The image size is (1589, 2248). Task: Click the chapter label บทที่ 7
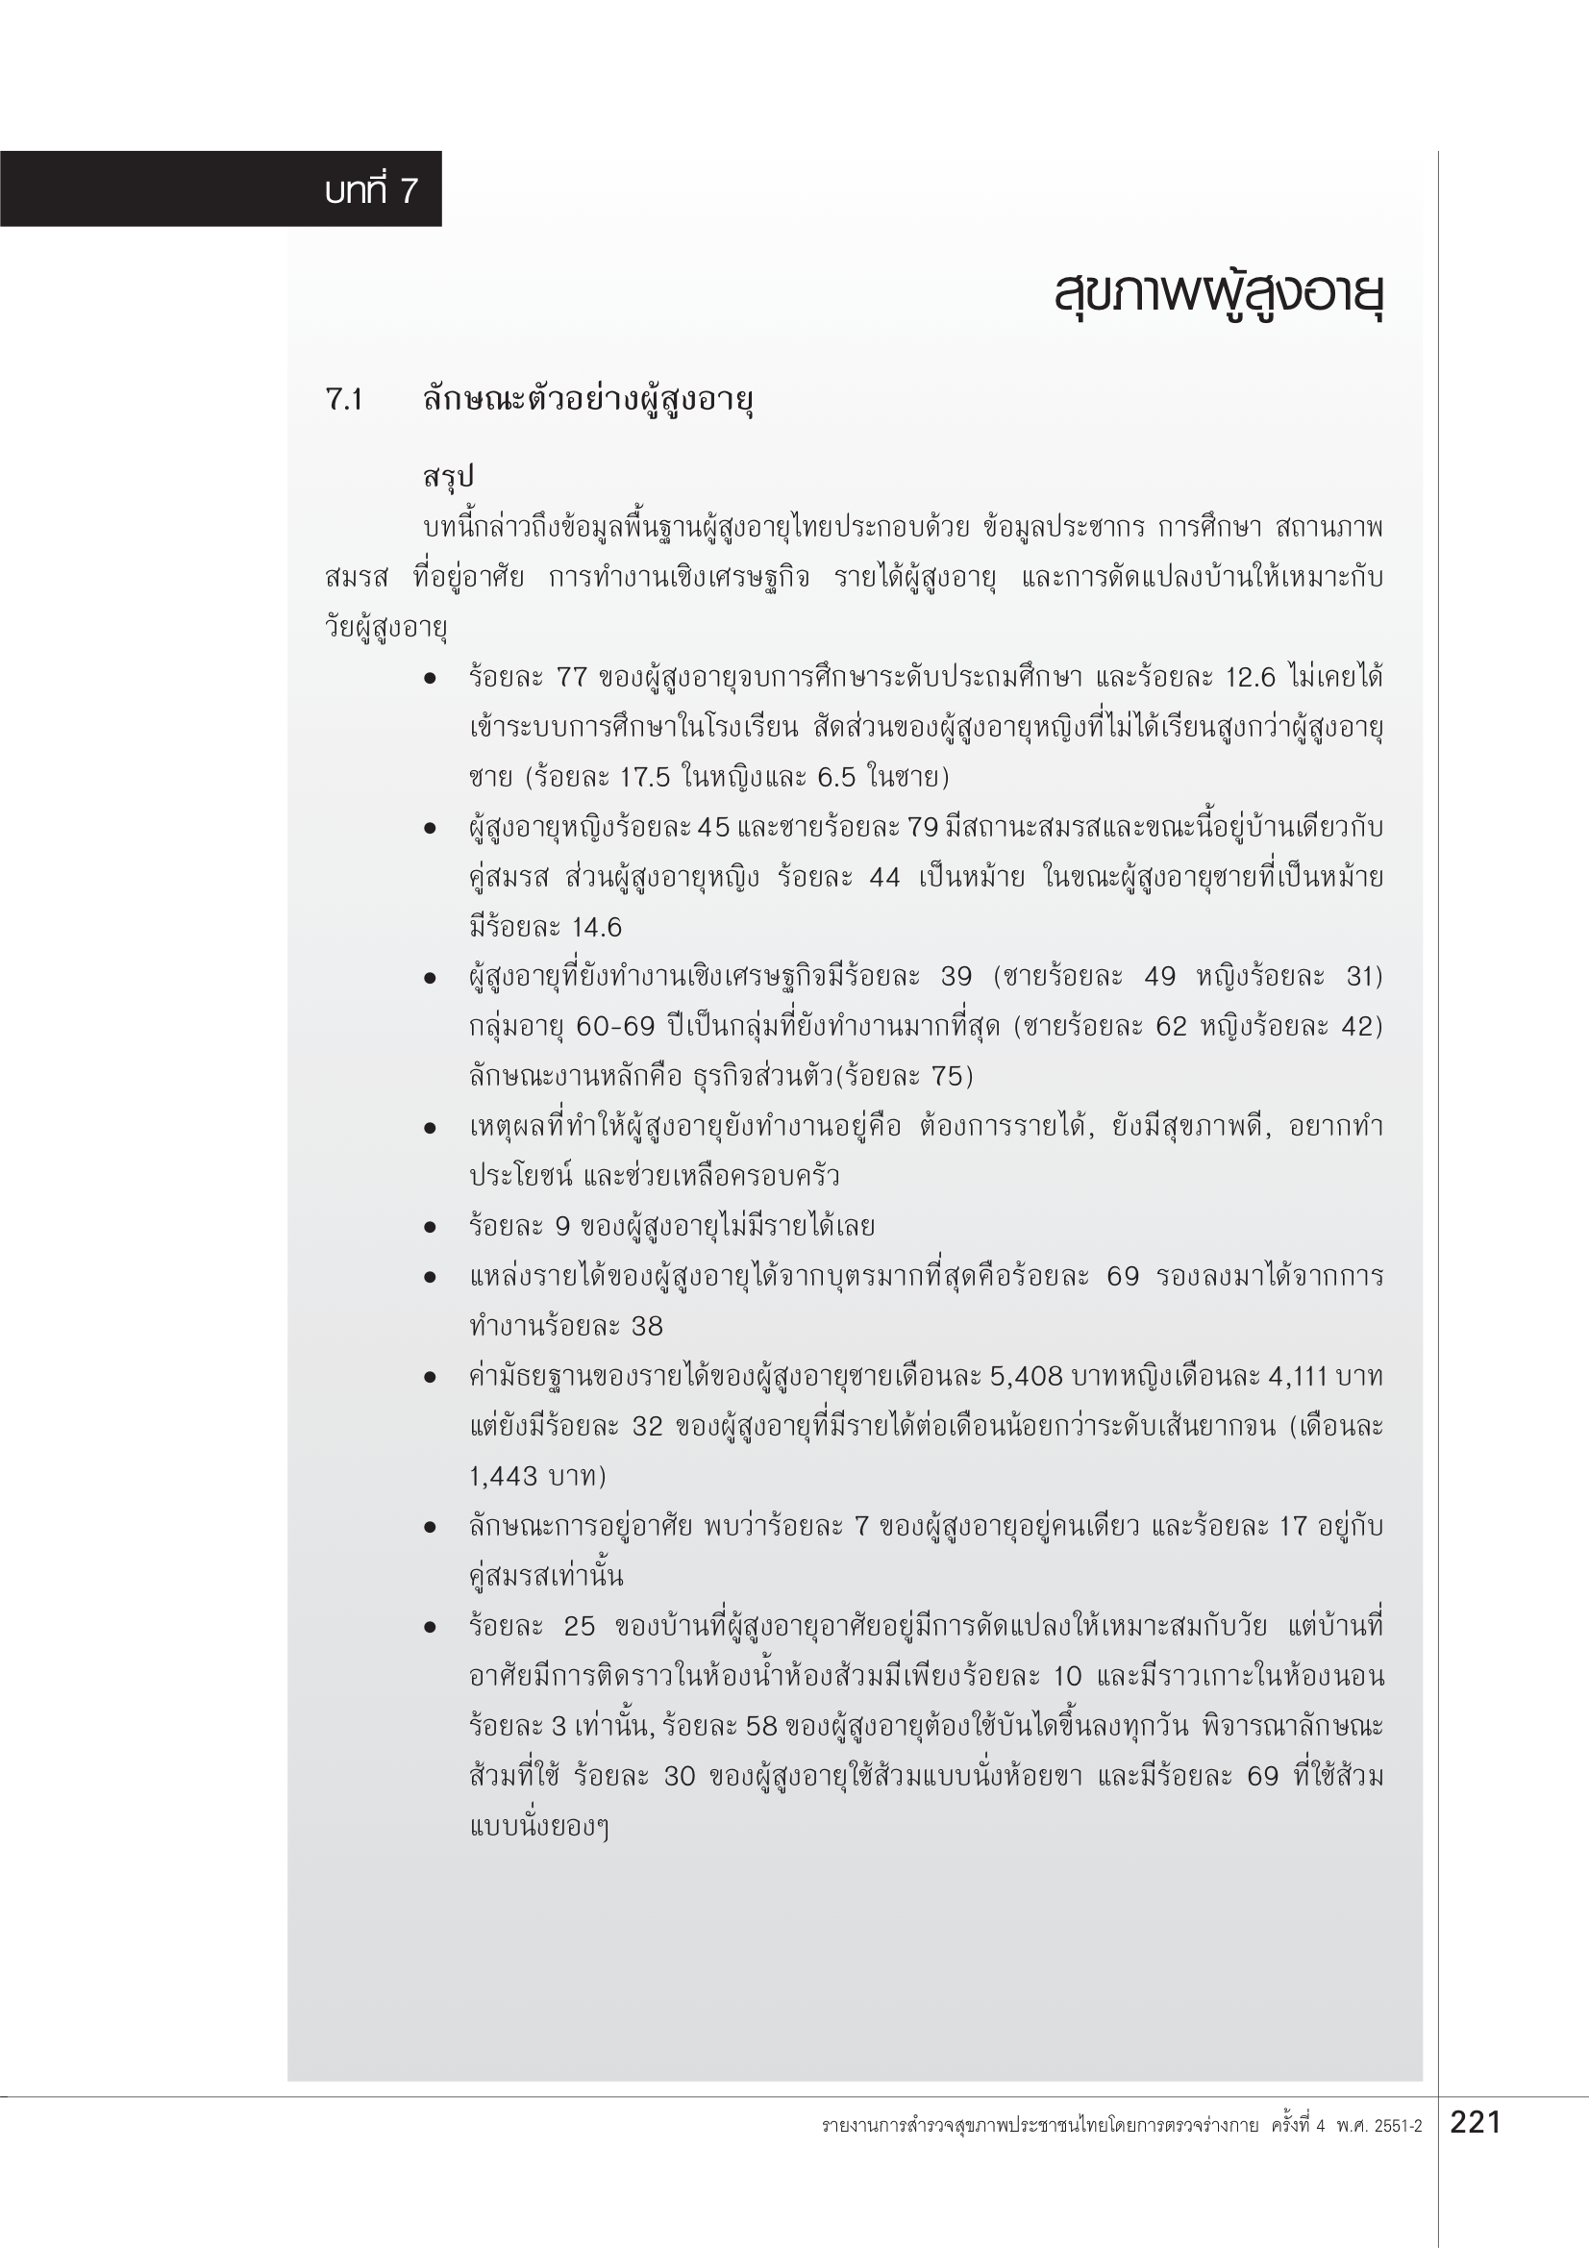pos(371,190)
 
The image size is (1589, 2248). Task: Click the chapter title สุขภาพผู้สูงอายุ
pos(1218,293)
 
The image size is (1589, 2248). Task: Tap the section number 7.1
pos(345,399)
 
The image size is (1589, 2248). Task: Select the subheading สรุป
pos(448,477)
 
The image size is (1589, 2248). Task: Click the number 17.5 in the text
pos(644,778)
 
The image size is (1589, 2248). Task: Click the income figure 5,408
pos(1025,1377)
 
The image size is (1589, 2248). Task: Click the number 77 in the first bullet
pos(572,678)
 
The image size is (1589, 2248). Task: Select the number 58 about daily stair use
pos(760,1725)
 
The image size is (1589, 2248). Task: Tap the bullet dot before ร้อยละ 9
pos(430,1227)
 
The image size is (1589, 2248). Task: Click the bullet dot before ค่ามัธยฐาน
pos(430,1377)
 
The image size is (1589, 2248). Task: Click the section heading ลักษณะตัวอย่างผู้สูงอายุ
pos(587,399)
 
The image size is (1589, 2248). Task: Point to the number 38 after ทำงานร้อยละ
pos(647,1327)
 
